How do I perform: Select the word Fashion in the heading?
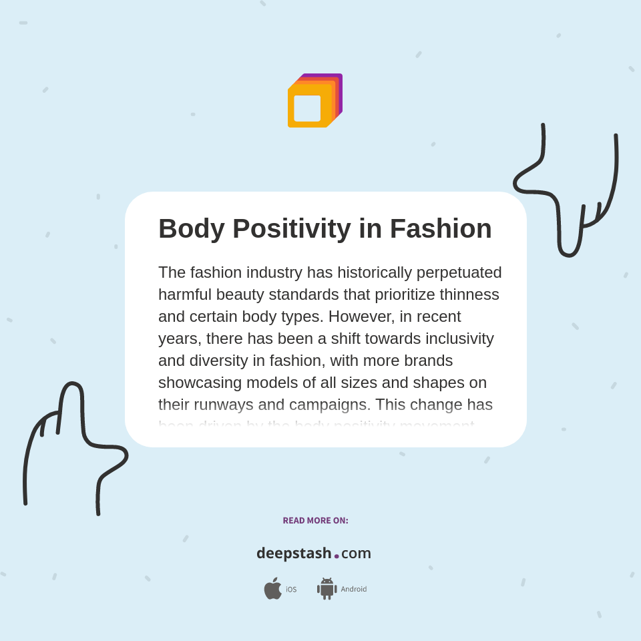441,229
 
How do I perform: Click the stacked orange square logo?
314,101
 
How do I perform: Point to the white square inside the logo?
307,108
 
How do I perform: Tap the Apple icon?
272,588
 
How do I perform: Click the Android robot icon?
327,588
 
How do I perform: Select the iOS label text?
291,590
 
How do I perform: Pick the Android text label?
354,590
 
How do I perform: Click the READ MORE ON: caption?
315,521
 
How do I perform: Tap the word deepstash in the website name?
294,554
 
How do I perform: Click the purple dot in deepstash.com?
337,556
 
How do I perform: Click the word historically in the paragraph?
374,272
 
